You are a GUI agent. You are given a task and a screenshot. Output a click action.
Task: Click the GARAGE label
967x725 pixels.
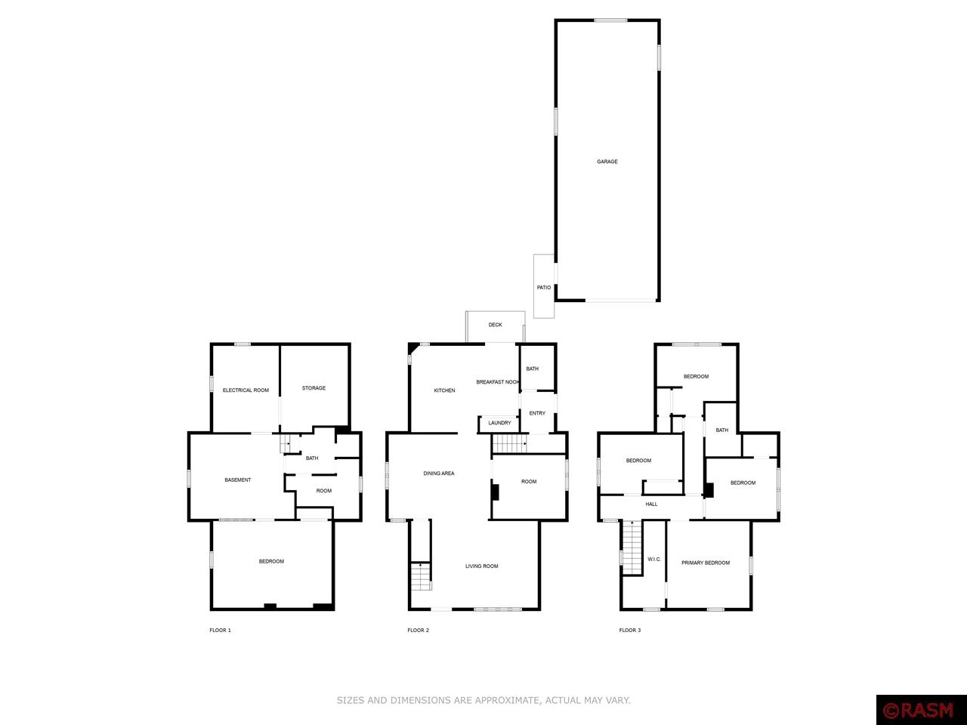pos(607,162)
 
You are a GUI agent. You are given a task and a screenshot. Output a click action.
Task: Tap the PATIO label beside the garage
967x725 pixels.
pos(544,288)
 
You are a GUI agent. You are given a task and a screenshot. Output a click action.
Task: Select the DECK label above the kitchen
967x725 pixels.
pos(495,325)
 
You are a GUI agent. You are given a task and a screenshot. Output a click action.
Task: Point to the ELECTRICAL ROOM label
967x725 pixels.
pos(246,390)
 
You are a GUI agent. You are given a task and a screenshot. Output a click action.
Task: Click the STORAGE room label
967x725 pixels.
pos(314,388)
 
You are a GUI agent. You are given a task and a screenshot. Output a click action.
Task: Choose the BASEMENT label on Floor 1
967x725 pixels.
pos(237,480)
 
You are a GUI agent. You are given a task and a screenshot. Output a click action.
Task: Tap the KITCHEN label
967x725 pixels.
pos(444,390)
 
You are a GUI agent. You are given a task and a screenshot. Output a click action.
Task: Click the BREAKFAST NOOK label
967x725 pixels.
pos(498,382)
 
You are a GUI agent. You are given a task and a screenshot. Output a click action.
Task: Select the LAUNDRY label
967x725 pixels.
pos(499,423)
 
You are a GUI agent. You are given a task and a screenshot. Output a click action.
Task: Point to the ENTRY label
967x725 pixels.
pos(537,413)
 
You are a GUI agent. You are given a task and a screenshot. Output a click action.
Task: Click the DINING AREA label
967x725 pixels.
pos(439,474)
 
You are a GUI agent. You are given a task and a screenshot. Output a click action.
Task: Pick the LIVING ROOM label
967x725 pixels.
pos(481,566)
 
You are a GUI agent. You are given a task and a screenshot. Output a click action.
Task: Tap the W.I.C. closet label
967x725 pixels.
pos(654,559)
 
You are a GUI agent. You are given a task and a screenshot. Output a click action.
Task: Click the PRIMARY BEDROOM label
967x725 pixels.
pos(706,563)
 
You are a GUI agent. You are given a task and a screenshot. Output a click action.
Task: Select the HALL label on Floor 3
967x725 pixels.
pos(651,504)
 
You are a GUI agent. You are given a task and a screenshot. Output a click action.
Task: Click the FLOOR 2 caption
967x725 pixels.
pos(418,630)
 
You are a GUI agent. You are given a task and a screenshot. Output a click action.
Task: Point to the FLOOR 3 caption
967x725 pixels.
pos(630,630)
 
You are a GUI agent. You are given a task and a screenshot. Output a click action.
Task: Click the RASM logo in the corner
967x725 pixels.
pos(921,711)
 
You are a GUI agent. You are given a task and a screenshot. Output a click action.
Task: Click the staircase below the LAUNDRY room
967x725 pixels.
pos(510,443)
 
